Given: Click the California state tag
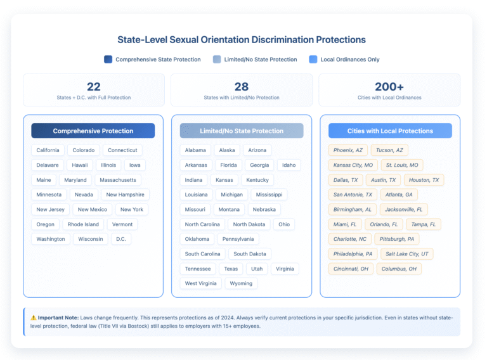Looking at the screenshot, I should click(x=48, y=150).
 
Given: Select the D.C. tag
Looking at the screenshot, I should click(x=120, y=239).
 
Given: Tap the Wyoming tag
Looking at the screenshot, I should click(x=241, y=283).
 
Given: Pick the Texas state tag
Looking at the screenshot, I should click(x=231, y=269).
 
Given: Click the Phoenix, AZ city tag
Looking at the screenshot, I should click(x=347, y=150).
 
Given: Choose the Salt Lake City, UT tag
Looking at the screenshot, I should click(x=407, y=254).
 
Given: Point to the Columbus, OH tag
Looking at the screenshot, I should click(x=399, y=269).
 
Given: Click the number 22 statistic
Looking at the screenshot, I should click(x=94, y=87).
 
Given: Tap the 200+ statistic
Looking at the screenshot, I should click(x=389, y=87).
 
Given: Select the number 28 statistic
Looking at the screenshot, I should click(x=242, y=87).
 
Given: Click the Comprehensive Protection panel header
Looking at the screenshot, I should click(x=93, y=131).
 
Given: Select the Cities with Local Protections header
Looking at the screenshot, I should click(x=390, y=131).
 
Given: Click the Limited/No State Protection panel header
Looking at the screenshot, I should click(x=242, y=131).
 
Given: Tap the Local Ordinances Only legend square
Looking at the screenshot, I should click(x=313, y=60).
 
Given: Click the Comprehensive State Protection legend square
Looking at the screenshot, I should click(x=108, y=60).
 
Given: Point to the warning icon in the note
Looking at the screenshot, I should click(x=33, y=317).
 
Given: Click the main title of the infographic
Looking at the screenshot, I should click(x=242, y=39).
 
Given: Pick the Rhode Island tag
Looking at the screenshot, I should click(x=83, y=224).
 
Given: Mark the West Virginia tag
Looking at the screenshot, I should click(x=200, y=283).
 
